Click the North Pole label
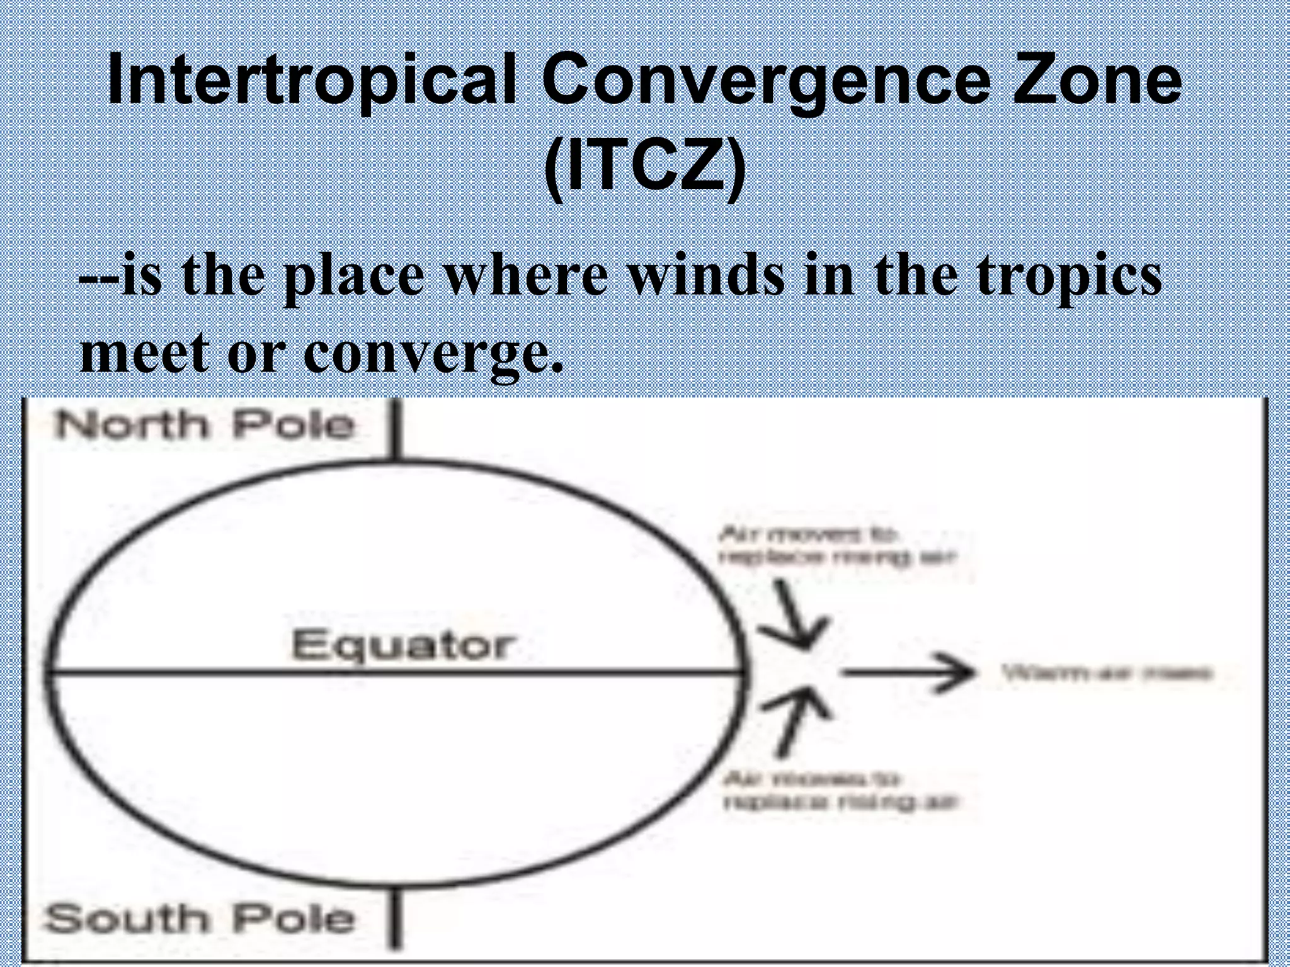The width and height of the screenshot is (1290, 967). pyautogui.click(x=205, y=424)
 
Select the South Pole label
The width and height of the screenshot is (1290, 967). pyautogui.click(x=200, y=919)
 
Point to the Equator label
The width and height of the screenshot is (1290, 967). pyautogui.click(x=401, y=645)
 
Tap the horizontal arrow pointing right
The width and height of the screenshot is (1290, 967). pyautogui.click(x=907, y=673)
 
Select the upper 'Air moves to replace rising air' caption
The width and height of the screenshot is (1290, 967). pyautogui.click(x=838, y=546)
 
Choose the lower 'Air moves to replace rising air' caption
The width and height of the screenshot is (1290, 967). pyautogui.click(x=842, y=791)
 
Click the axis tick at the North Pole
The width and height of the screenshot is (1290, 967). pyautogui.click(x=396, y=431)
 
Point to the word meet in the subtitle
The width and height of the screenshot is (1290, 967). pyautogui.click(x=144, y=354)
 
